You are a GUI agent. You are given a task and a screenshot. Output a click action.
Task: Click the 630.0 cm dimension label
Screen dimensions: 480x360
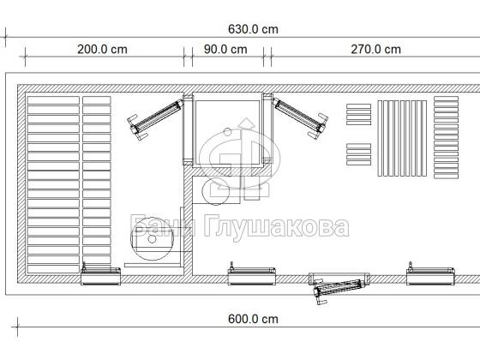tap(253, 29)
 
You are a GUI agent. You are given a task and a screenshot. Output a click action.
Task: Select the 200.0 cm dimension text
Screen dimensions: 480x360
tap(102, 50)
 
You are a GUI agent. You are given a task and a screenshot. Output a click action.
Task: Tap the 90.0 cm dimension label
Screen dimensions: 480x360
tap(225, 50)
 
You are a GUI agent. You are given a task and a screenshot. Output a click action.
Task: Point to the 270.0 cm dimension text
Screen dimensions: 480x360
tap(376, 50)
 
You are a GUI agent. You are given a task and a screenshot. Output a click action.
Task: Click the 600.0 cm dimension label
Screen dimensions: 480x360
tap(253, 319)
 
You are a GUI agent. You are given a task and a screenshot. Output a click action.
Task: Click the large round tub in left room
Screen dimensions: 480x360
tap(153, 239)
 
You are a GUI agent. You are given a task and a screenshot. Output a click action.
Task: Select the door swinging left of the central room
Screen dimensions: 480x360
tap(155, 118)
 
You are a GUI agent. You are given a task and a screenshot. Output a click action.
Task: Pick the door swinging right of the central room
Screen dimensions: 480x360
tap(300, 117)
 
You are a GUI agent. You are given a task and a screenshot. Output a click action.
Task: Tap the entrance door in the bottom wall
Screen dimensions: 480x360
tap(339, 288)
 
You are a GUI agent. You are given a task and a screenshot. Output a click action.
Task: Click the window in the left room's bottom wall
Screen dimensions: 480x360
tap(101, 275)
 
